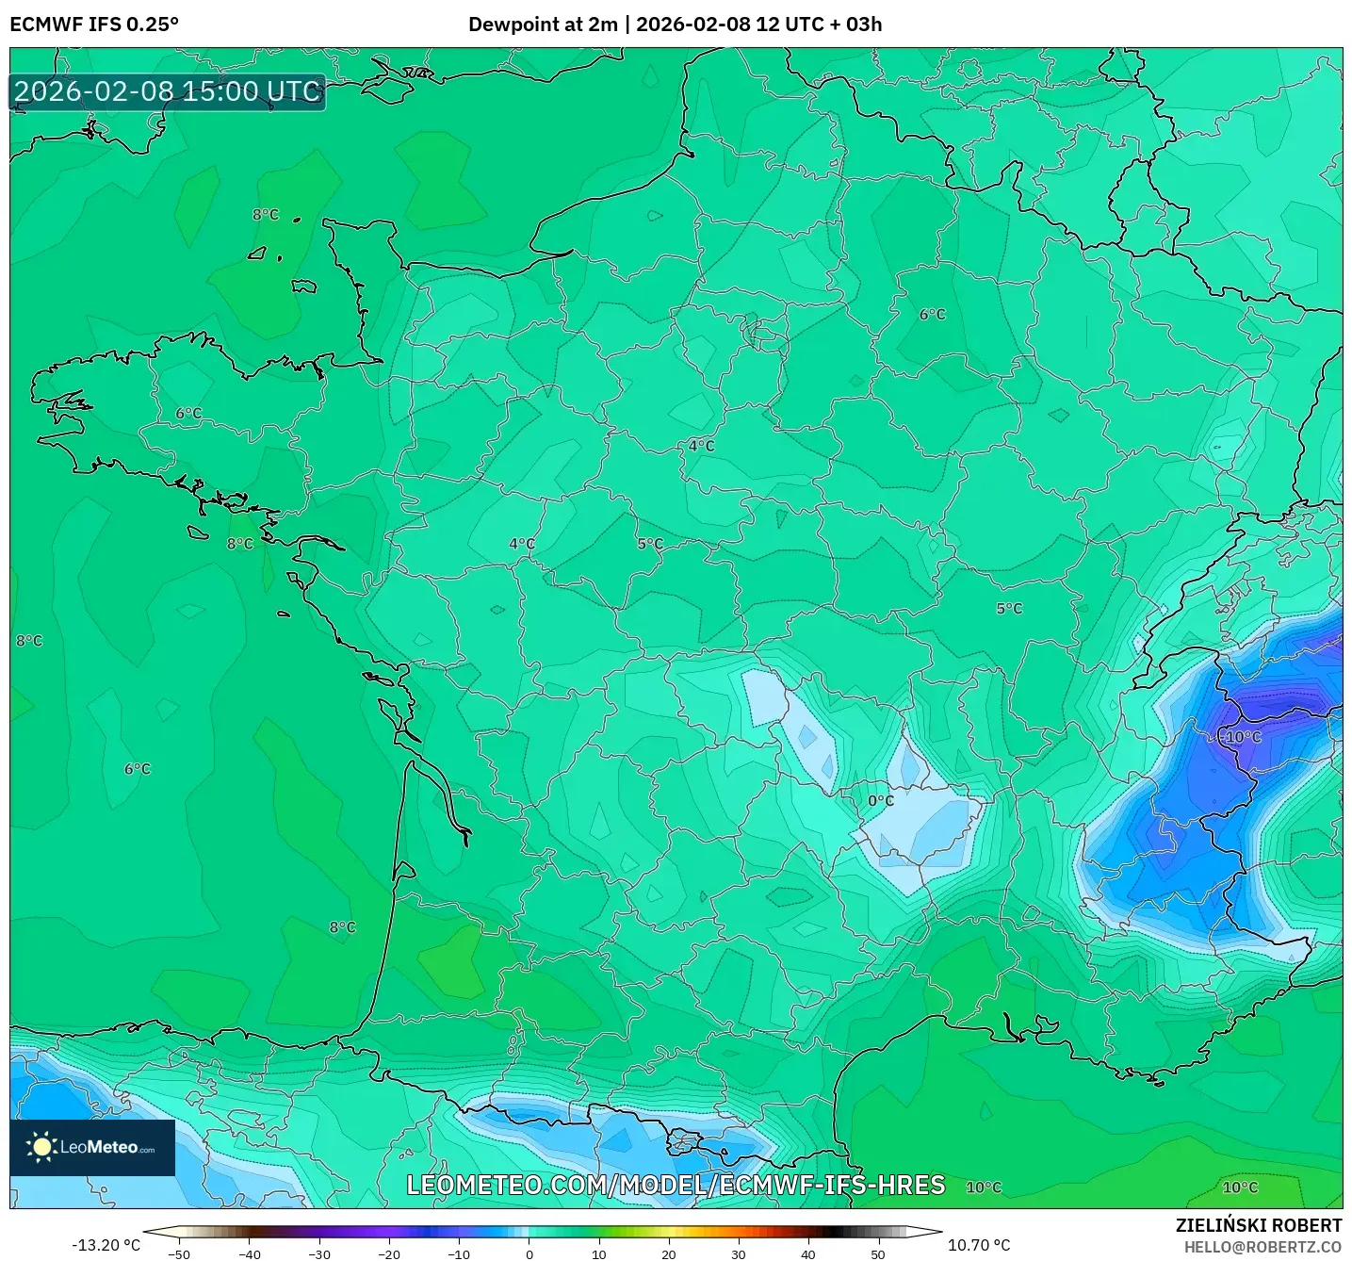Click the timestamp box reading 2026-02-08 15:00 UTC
coord(168,91)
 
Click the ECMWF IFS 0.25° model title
coord(94,25)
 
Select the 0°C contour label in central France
coord(881,801)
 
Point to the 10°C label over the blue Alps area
coord(1243,737)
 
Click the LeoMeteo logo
coord(92,1147)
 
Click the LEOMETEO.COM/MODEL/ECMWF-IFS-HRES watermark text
coord(676,1185)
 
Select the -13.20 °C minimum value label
coord(106,1245)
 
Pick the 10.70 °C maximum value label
coord(979,1245)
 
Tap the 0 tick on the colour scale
coord(529,1254)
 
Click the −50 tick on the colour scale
coord(179,1254)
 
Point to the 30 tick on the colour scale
coord(739,1254)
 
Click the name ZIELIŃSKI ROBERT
coord(1259,1225)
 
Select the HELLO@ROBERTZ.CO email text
coord(1262,1247)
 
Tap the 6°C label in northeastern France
coord(933,315)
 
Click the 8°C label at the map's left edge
coord(29,641)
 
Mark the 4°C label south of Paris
coord(701,446)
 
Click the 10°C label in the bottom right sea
coord(1240,1187)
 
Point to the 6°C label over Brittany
coord(188,414)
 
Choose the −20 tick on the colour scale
coord(389,1254)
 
